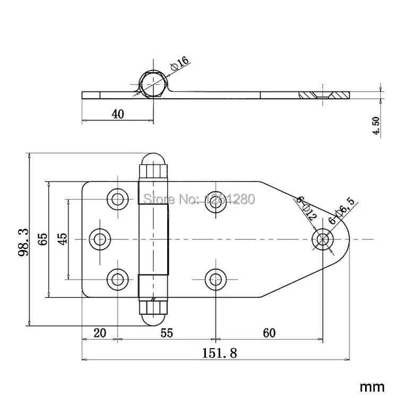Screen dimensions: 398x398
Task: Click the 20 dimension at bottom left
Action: pyautogui.click(x=100, y=333)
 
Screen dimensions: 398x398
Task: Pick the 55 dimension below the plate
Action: pyautogui.click(x=167, y=333)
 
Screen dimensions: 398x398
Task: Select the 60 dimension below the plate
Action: pyautogui.click(x=269, y=333)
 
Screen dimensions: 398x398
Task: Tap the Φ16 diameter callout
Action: pyautogui.click(x=180, y=63)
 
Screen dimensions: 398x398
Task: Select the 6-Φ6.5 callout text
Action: pyautogui.click(x=341, y=211)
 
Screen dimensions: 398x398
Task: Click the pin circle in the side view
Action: pyautogui.click(x=153, y=84)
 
